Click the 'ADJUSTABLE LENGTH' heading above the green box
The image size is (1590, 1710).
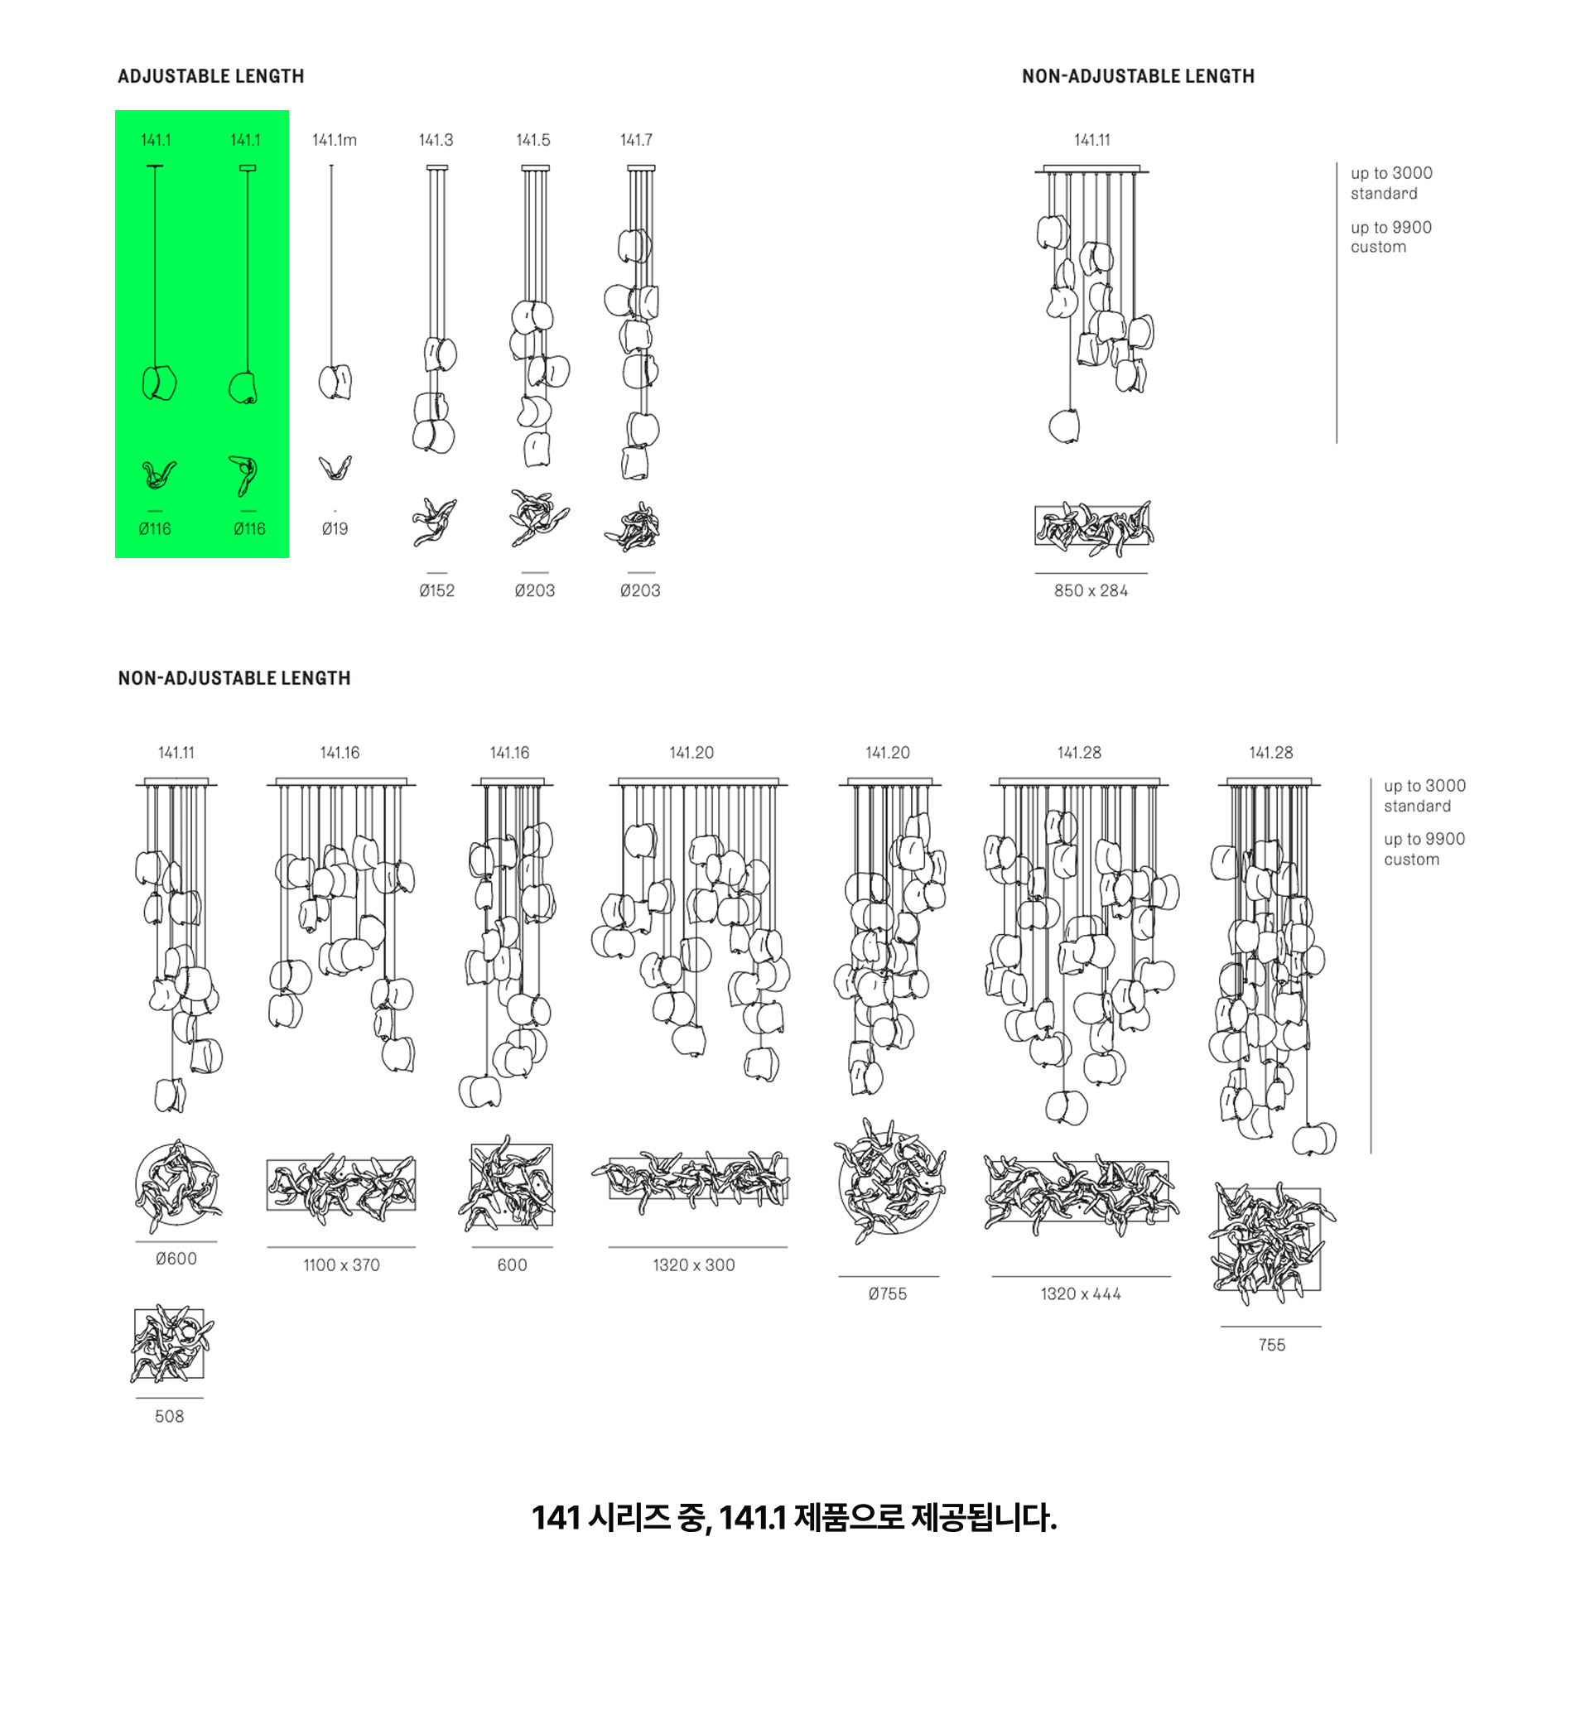[x=211, y=76]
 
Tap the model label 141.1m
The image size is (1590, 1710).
[x=334, y=140]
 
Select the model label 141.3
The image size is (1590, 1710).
[x=436, y=140]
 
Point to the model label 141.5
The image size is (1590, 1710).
[x=533, y=140]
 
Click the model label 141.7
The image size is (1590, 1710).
[x=637, y=140]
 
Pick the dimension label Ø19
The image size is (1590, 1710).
[x=335, y=529]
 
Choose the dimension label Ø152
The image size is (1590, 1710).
[x=437, y=591]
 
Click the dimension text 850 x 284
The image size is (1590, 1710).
[x=1091, y=591]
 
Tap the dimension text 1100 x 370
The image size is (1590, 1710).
[x=341, y=1265]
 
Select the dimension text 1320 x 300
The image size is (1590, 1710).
[x=693, y=1265]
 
